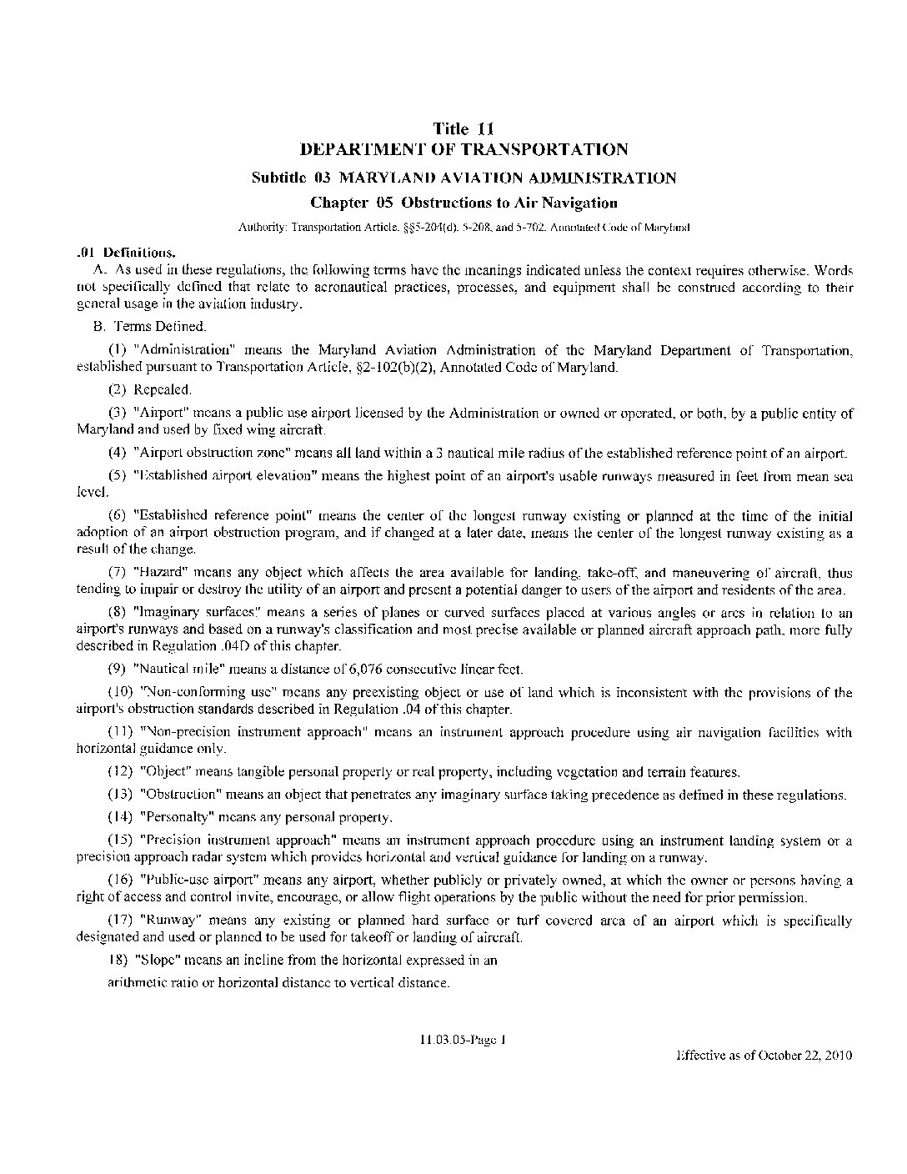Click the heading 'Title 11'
click(464, 128)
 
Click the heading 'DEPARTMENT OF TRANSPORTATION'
click(464, 150)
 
